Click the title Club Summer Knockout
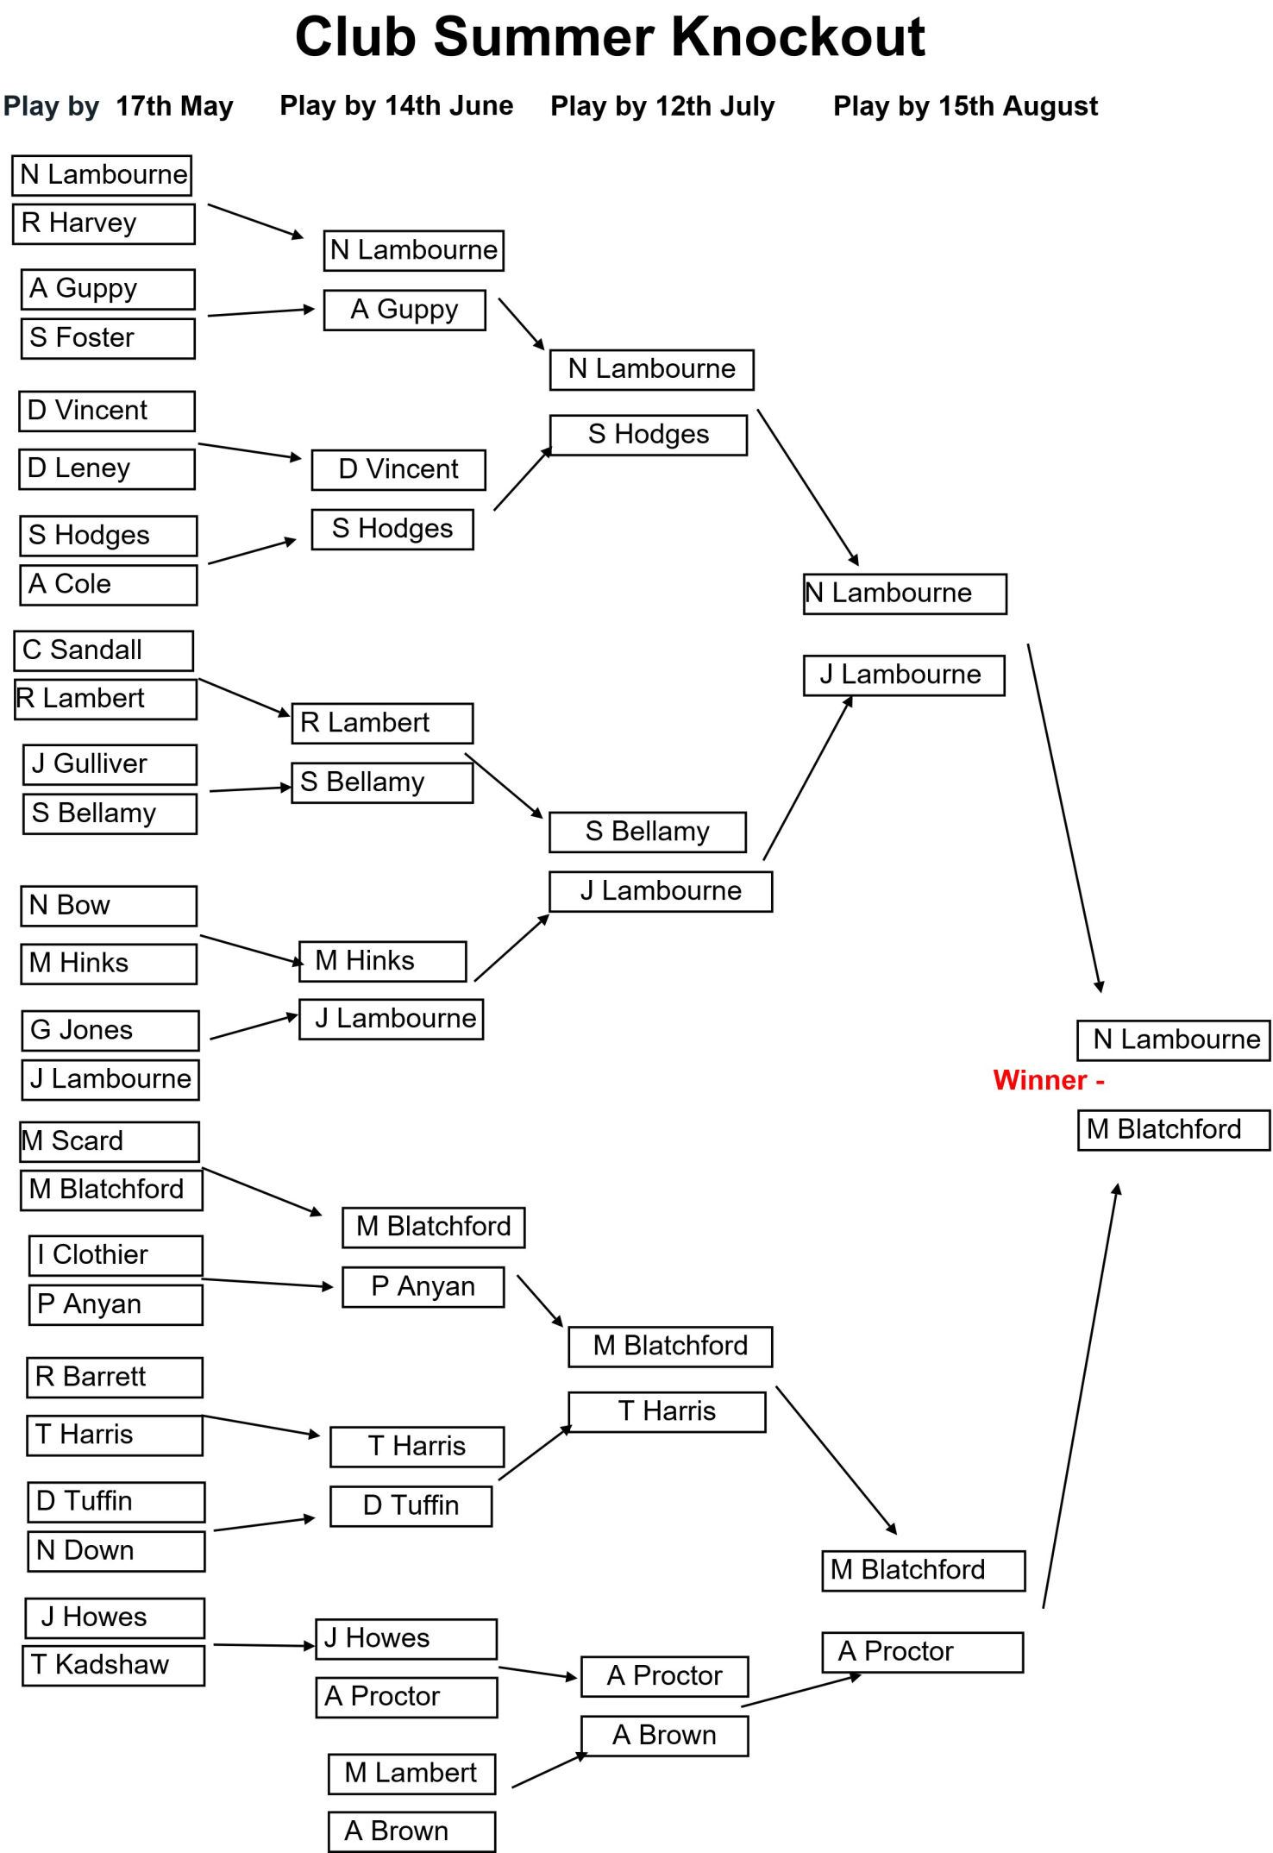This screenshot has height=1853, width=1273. [x=610, y=37]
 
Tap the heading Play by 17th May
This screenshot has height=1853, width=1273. [x=118, y=106]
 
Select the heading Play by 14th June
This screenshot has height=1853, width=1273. [x=397, y=105]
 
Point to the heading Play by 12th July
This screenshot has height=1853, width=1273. [x=662, y=106]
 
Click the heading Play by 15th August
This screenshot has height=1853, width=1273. [x=965, y=106]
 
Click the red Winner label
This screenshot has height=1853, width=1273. [x=1049, y=1080]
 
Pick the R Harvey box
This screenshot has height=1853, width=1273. [x=103, y=223]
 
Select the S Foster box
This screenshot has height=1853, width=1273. [x=108, y=338]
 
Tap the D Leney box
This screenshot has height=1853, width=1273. [x=107, y=468]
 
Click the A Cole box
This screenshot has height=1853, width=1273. [x=108, y=585]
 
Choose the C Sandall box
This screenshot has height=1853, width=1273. [x=103, y=650]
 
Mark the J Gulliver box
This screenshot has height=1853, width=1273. [x=110, y=764]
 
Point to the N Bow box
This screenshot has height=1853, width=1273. [x=109, y=906]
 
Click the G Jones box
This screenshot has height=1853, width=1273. [x=110, y=1030]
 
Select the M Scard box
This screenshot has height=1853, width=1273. [x=110, y=1141]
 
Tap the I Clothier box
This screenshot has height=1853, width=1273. [x=116, y=1255]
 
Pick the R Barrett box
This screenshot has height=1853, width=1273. [x=115, y=1377]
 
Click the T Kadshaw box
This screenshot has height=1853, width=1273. [x=113, y=1665]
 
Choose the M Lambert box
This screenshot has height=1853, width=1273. [x=412, y=1774]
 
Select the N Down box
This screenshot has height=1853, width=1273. [x=116, y=1551]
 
